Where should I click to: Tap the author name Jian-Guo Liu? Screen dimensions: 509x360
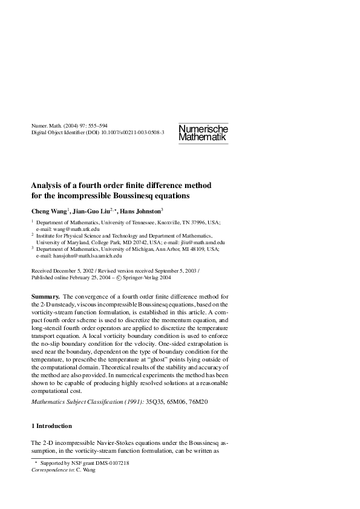pyautogui.click(x=94, y=211)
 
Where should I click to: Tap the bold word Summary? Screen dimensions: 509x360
pyautogui.click(x=45, y=296)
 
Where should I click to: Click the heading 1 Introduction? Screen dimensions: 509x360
pyautogui.click(x=51, y=426)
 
